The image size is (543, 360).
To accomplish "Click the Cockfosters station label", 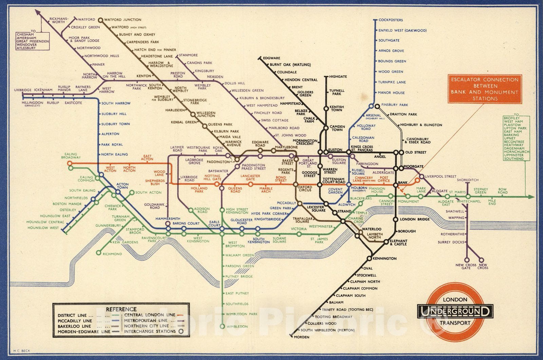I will click(391, 20).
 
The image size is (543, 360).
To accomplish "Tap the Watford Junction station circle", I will click(100, 20).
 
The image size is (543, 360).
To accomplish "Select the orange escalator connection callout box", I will click(485, 89).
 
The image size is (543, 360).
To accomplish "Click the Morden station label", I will click(302, 337).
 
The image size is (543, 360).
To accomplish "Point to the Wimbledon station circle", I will click(222, 326).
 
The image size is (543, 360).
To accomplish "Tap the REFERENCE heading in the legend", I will click(121, 309).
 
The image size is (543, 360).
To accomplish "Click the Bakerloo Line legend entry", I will click(74, 326).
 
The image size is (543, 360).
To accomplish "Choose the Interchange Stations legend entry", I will click(150, 331).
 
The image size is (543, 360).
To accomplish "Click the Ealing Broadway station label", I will click(71, 156).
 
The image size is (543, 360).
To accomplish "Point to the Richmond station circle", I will click(98, 253).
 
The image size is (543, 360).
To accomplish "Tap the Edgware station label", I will click(271, 58).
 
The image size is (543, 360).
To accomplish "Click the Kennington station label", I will click(385, 258).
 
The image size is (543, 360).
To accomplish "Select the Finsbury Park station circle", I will click(377, 106).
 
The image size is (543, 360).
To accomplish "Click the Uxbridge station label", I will click(23, 90).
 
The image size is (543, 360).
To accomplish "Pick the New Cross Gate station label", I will click(466, 266).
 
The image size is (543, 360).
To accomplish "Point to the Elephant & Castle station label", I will click(398, 242).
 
